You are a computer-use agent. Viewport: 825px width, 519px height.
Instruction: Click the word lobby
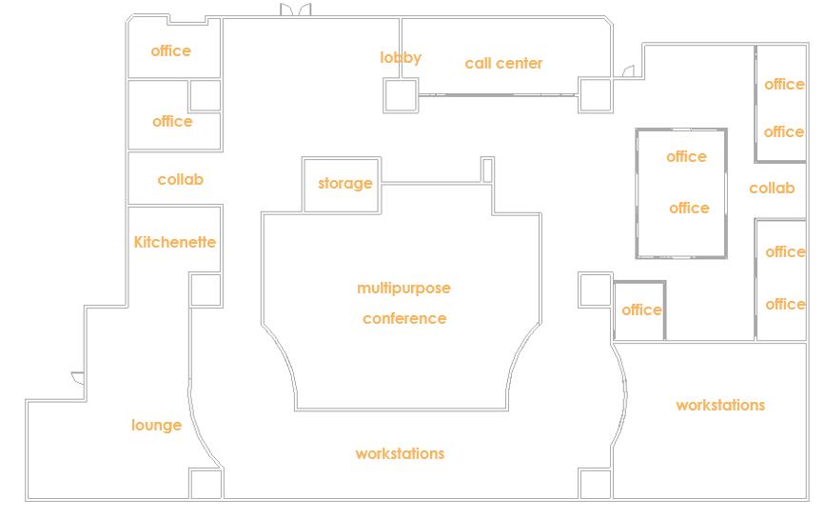point(401,58)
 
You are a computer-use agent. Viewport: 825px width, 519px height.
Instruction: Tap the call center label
point(503,64)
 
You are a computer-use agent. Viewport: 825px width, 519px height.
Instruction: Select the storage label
point(344,183)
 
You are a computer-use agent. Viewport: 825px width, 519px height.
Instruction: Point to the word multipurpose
point(403,288)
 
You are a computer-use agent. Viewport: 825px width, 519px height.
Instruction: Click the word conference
point(403,318)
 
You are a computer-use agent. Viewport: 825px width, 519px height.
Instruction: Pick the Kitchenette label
point(175,242)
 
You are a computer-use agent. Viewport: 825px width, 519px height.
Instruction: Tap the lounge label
point(156,425)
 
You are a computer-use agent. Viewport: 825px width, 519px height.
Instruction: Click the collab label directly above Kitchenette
point(180,179)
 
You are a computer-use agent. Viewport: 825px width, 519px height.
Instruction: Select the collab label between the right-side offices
point(771,188)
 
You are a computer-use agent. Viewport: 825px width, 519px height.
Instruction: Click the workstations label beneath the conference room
point(400,453)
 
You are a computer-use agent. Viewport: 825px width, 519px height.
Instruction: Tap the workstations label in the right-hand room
point(720,405)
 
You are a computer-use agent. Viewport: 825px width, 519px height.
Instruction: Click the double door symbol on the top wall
point(295,10)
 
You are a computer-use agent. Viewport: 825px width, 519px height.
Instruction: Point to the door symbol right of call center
point(627,71)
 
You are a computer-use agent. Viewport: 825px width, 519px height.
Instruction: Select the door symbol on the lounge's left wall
point(78,378)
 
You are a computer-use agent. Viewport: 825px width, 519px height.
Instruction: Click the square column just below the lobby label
point(401,94)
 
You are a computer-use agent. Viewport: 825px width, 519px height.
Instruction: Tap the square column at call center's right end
point(595,95)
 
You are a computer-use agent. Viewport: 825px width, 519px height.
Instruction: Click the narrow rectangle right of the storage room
point(487,170)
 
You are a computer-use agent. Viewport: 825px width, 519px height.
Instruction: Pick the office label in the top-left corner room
point(171,50)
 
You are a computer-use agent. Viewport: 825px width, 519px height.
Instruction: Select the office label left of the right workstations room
point(641,309)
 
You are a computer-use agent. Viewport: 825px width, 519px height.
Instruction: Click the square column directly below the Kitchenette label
point(206,289)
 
